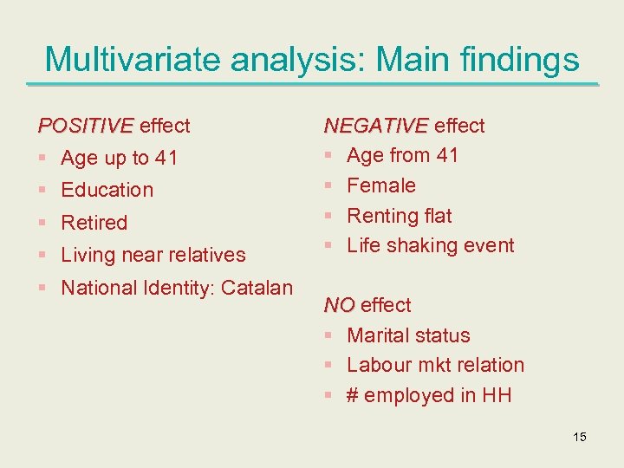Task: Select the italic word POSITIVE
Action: (86, 126)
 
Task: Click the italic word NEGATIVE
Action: (376, 126)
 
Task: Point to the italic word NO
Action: (339, 305)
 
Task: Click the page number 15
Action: (580, 437)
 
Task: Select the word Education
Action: (107, 190)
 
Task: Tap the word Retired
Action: (94, 223)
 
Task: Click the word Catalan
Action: (257, 288)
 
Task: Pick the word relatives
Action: (205, 255)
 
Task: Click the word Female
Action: (381, 185)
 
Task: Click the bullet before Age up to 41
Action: (42, 159)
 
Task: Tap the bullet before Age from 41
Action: (328, 156)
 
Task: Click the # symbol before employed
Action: (353, 395)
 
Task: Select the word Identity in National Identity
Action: (177, 288)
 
